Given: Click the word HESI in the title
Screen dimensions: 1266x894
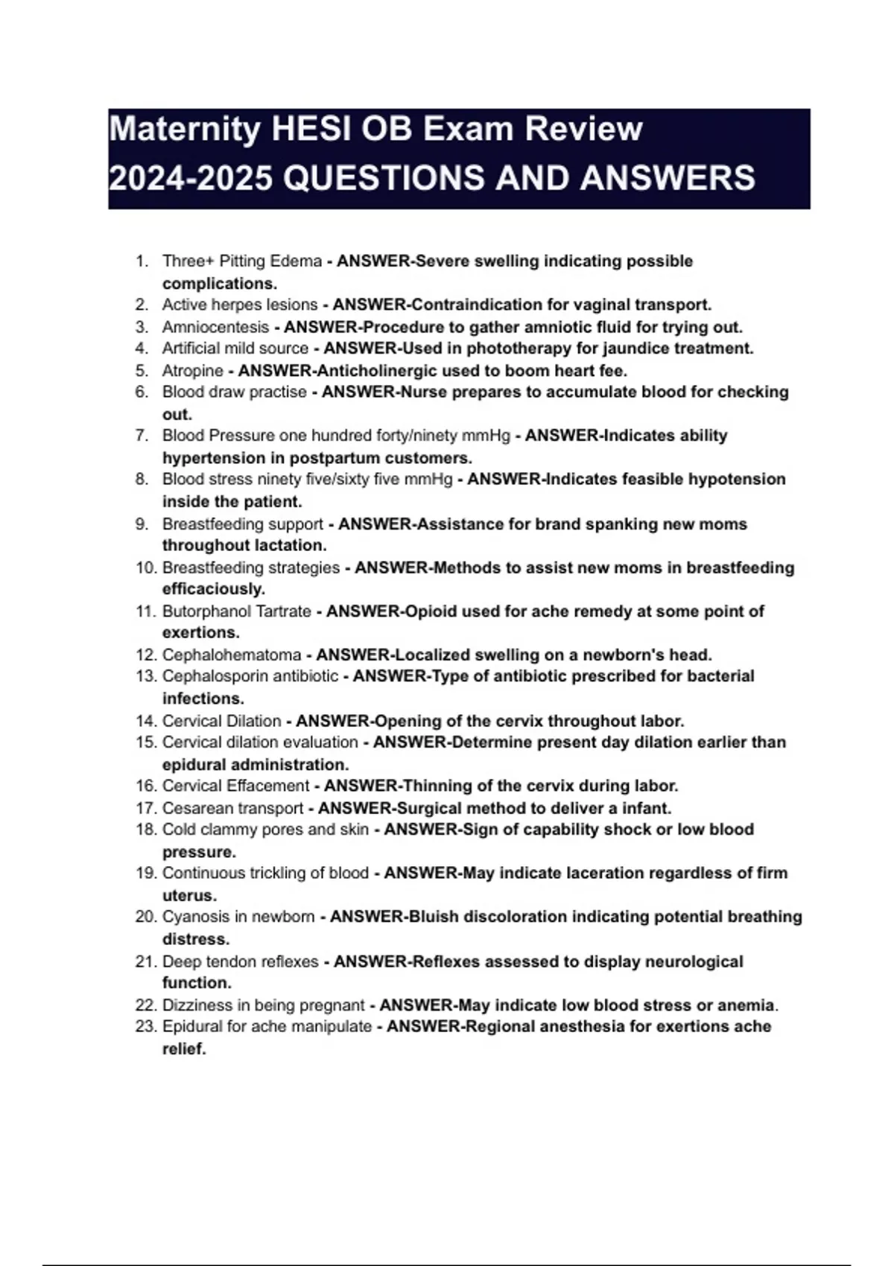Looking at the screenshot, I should [x=311, y=129].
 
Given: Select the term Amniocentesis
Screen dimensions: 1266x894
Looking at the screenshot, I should [x=215, y=327].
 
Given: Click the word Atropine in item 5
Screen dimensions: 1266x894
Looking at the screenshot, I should [x=192, y=370].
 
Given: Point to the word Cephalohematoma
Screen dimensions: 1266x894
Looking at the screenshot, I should [x=232, y=655].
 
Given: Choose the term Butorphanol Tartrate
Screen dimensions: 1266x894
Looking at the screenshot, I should [x=236, y=611].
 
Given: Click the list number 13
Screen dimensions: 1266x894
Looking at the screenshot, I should [x=146, y=676].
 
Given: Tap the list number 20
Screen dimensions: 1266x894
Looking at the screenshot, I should [x=146, y=917].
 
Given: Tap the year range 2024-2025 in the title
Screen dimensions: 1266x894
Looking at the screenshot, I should [x=191, y=178].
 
